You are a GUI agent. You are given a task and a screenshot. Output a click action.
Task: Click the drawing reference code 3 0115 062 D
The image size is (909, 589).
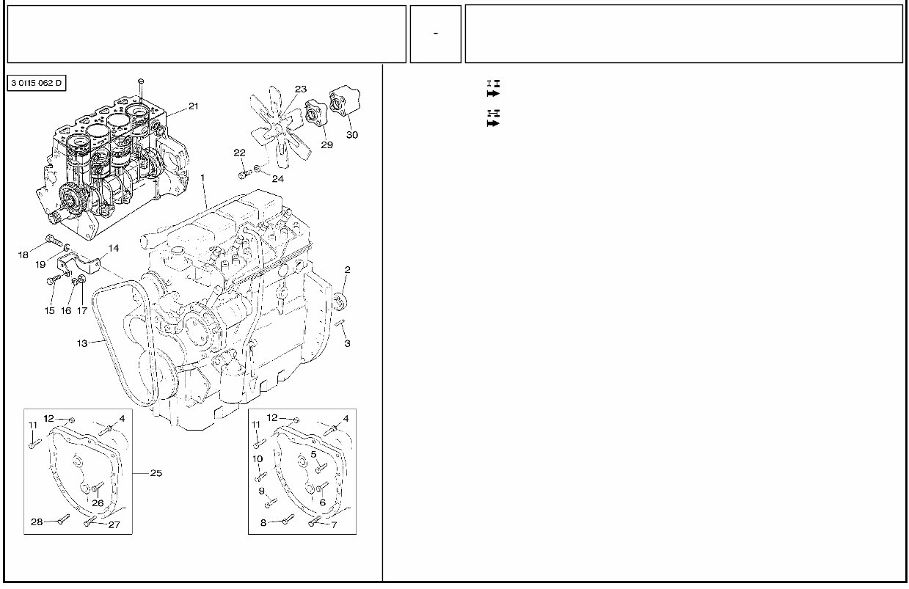tap(37, 83)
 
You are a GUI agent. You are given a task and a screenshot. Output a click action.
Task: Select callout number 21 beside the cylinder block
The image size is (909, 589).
tap(193, 106)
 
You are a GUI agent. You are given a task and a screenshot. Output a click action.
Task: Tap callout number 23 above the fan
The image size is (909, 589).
tap(300, 89)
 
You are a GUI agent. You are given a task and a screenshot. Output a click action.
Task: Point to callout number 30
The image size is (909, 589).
tap(352, 135)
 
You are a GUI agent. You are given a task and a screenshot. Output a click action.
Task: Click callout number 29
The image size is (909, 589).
tap(326, 145)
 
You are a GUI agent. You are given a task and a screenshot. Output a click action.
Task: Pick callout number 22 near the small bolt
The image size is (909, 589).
tap(239, 153)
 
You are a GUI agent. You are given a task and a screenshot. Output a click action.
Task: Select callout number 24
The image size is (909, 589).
tap(277, 178)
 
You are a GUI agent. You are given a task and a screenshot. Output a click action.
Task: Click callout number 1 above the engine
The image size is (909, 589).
tap(202, 178)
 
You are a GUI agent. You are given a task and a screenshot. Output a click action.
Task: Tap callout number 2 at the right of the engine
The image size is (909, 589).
tap(347, 270)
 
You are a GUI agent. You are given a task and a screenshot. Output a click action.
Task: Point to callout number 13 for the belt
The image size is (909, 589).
tap(82, 343)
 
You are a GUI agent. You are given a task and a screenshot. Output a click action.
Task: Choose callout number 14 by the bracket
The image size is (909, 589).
tap(114, 249)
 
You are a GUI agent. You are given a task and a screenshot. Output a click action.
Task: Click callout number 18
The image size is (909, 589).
tap(23, 255)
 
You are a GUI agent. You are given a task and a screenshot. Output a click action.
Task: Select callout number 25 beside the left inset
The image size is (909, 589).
tap(156, 473)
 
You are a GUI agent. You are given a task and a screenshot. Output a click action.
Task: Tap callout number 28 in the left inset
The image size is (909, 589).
tap(37, 522)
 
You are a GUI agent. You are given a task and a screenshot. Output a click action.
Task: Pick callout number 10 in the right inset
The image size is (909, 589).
tap(258, 458)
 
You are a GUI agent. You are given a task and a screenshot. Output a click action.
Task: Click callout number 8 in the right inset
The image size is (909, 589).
tap(263, 523)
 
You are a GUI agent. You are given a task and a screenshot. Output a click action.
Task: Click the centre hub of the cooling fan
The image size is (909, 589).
tap(281, 131)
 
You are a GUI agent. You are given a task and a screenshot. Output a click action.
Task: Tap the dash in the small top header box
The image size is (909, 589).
tap(436, 34)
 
